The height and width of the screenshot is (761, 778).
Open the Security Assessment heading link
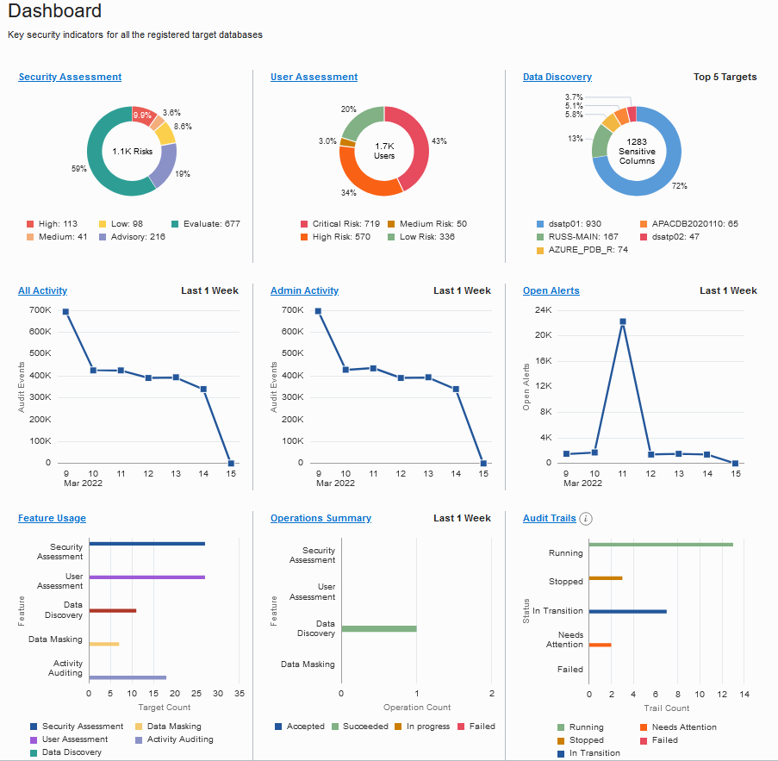[70, 77]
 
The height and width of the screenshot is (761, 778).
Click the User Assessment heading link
[314, 77]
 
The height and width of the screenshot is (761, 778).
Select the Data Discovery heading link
[557, 77]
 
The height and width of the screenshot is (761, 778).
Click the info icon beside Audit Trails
[586, 518]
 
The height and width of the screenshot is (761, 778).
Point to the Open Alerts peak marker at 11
[622, 321]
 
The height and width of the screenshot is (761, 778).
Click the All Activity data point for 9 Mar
[65, 312]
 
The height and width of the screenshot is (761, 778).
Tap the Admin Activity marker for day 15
[483, 463]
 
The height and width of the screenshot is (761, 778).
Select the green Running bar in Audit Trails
[660, 544]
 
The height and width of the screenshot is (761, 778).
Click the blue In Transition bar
[627, 611]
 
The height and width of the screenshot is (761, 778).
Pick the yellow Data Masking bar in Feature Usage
[103, 644]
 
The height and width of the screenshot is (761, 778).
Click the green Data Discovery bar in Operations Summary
[379, 628]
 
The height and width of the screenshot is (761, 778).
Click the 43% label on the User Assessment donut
[439, 140]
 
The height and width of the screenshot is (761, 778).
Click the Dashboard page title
[54, 12]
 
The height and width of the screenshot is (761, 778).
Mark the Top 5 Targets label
[725, 77]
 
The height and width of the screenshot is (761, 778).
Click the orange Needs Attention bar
[600, 644]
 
